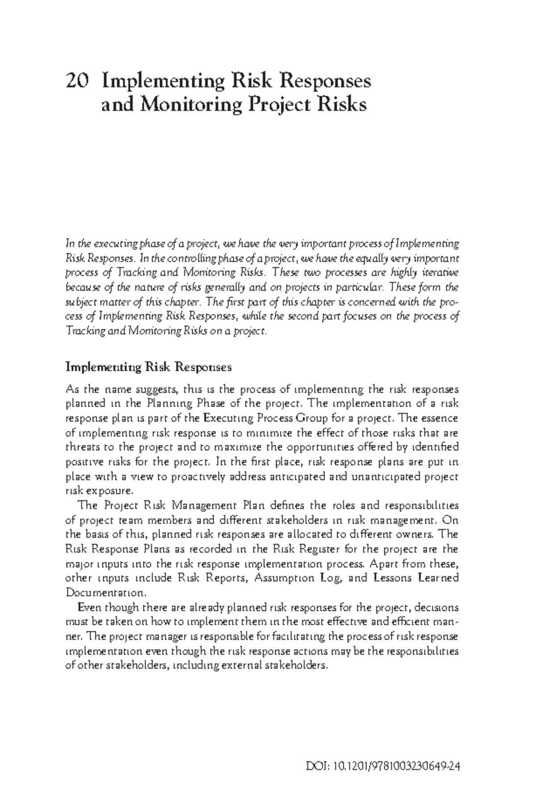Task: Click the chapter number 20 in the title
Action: [76, 82]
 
